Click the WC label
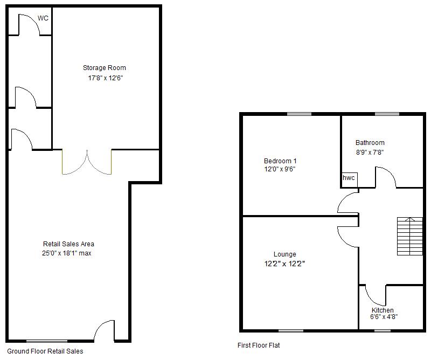[43, 18]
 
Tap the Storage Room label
[105, 68]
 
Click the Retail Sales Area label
[68, 244]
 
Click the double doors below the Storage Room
[87, 162]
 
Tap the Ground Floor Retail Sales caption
[46, 351]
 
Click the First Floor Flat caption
[259, 345]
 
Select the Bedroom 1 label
[280, 161]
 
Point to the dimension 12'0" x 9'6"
[280, 169]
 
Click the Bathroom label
[370, 143]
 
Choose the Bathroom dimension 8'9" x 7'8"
[370, 152]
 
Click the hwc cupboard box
[349, 178]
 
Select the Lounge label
[284, 254]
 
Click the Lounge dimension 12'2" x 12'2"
[284, 264]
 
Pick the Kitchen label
[383, 310]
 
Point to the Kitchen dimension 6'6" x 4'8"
[384, 317]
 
